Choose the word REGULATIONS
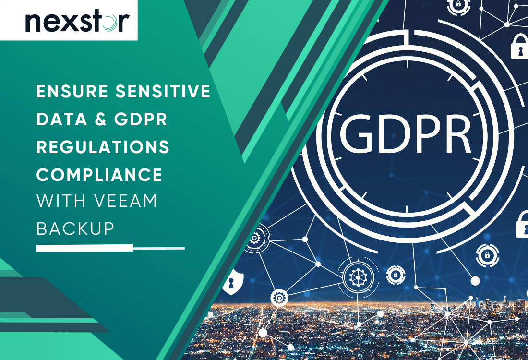103,147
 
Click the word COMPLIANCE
99,175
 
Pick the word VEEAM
127,202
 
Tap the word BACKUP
76,229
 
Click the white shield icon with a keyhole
232,283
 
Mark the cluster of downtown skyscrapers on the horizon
499,305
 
